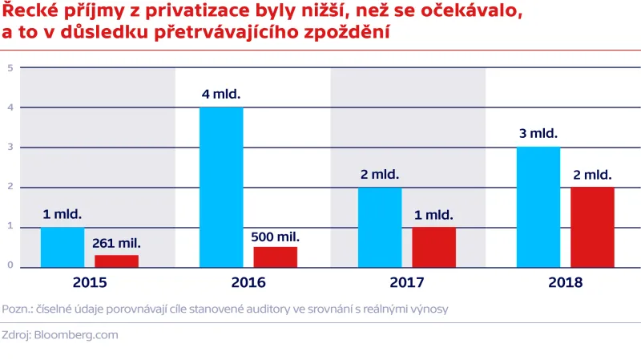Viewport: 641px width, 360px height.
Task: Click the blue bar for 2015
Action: pos(62,247)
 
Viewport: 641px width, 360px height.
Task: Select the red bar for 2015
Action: pos(116,261)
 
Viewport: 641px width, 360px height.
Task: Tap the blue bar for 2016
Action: pos(221,187)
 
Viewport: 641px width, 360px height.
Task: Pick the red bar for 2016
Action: pos(275,257)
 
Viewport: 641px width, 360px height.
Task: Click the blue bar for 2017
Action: pos(380,227)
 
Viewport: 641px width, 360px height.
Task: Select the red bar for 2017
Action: pos(433,247)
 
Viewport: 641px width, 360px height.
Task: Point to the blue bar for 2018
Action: pos(538,207)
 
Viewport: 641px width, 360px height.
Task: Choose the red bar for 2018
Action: pos(592,227)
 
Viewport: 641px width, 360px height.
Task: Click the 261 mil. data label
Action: pos(116,242)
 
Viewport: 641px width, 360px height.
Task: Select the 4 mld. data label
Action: pos(221,94)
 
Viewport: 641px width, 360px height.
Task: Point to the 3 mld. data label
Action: pos(538,134)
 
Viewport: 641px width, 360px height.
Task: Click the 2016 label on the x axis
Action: pos(248,282)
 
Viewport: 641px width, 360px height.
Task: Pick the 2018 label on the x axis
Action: pos(566,282)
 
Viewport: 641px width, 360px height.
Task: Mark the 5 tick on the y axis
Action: pos(10,68)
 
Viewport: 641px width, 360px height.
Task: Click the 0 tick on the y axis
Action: pos(10,266)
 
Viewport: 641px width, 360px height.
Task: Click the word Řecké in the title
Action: pos(28,14)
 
